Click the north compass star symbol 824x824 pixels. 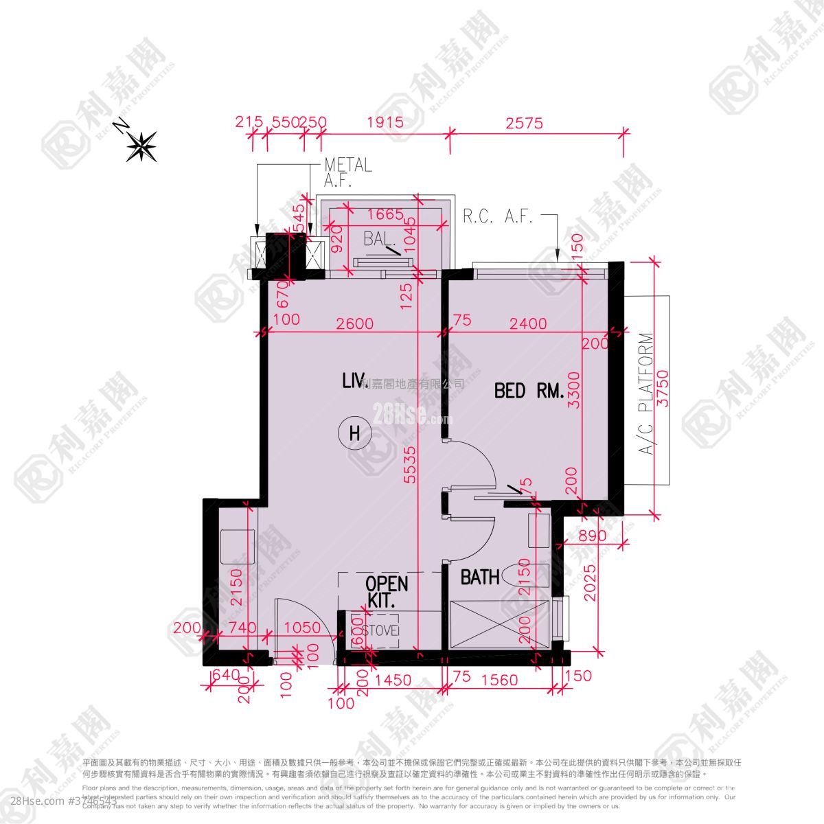[142, 146]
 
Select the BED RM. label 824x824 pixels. [529, 391]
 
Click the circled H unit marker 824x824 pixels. [354, 433]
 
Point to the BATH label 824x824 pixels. [480, 577]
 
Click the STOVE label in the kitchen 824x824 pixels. [374, 630]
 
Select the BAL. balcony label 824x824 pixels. [380, 240]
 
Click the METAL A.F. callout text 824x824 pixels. [347, 172]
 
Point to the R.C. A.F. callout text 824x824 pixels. [498, 217]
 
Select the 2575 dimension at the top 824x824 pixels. [524, 123]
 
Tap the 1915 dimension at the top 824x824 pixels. [384, 123]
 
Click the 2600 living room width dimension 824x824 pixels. [355, 323]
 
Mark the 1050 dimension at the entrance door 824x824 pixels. [302, 627]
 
